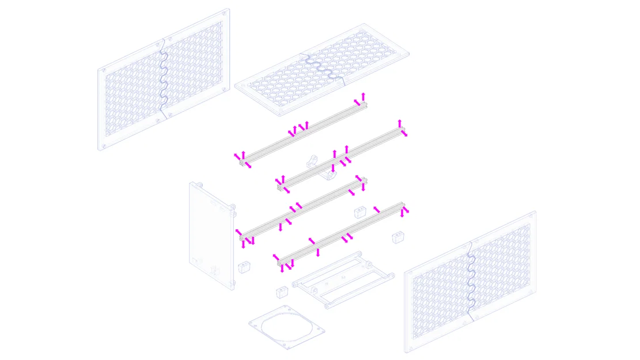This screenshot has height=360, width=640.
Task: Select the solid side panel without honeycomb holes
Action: [x=210, y=236]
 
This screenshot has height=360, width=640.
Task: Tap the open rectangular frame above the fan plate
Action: [x=344, y=279]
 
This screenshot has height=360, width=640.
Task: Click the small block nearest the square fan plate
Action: [x=282, y=292]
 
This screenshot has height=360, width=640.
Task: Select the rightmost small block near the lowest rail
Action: [x=398, y=237]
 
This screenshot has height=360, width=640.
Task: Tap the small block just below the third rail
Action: [x=360, y=211]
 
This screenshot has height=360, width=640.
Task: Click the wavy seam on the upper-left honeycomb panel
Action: [x=163, y=78]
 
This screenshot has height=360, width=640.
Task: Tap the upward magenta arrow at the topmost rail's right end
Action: [x=363, y=96]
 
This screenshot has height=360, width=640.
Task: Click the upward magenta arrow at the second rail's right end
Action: [x=400, y=123]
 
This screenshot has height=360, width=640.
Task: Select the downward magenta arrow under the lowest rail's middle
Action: [x=317, y=252]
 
